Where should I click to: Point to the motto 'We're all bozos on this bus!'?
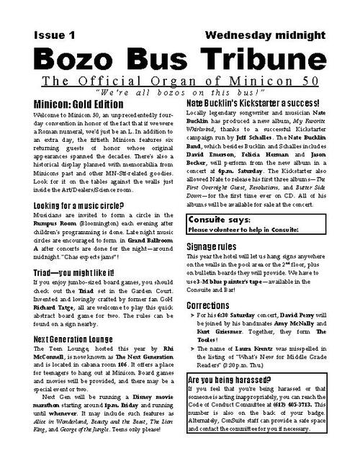[179, 94]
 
